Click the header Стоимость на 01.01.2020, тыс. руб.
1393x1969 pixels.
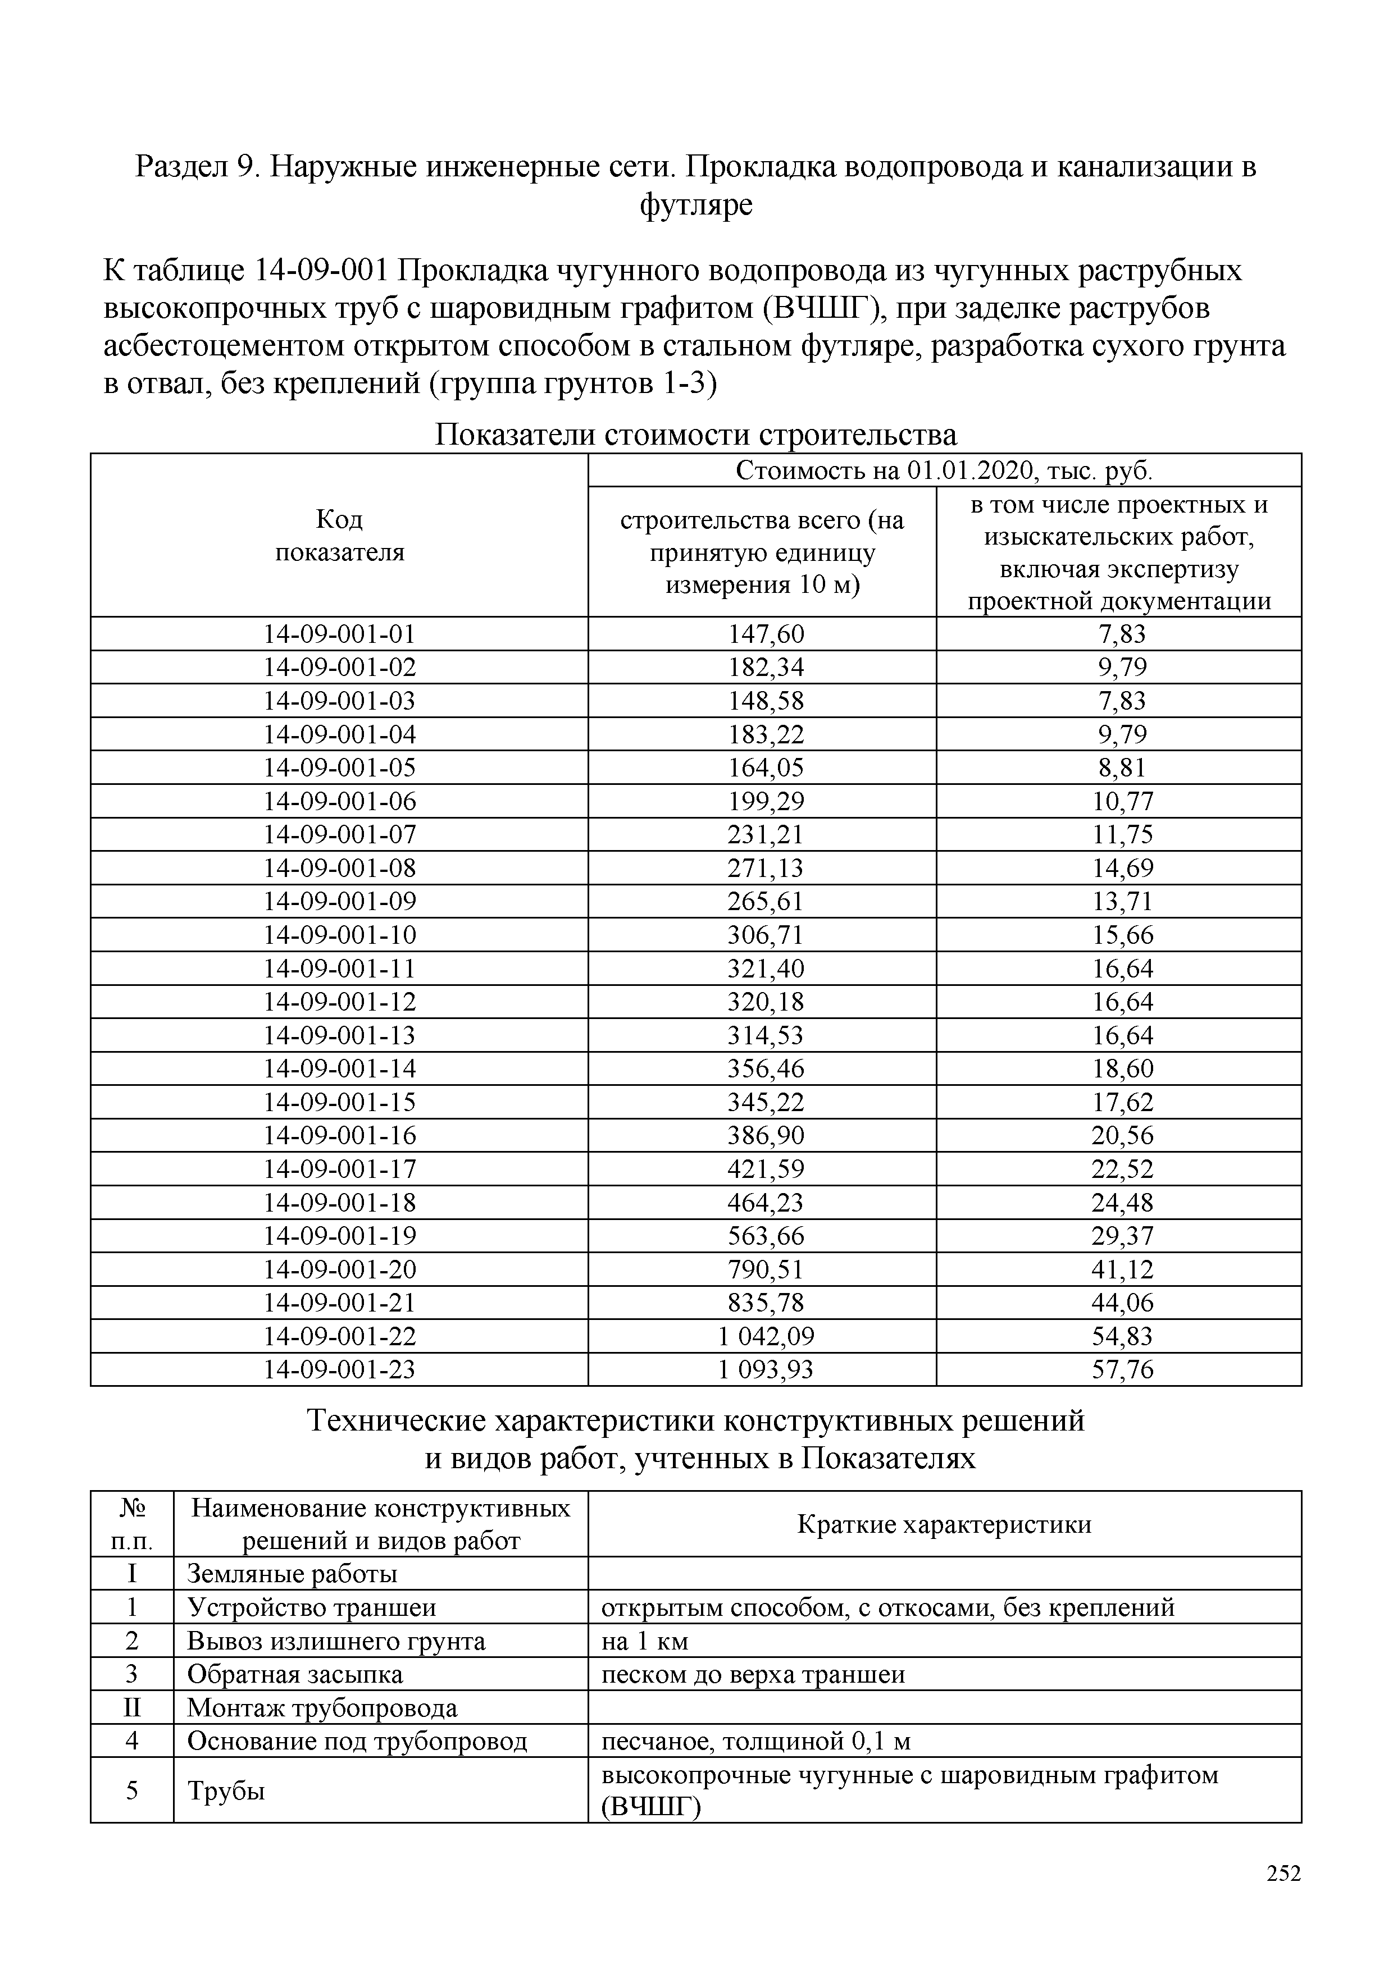point(944,471)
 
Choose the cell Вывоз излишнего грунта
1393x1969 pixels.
point(336,1642)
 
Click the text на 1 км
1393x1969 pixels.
point(645,1642)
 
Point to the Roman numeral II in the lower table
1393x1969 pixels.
point(131,1708)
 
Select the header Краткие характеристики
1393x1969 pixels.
point(944,1525)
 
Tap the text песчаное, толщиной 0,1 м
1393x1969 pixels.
point(755,1742)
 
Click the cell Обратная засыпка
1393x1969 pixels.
point(294,1675)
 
